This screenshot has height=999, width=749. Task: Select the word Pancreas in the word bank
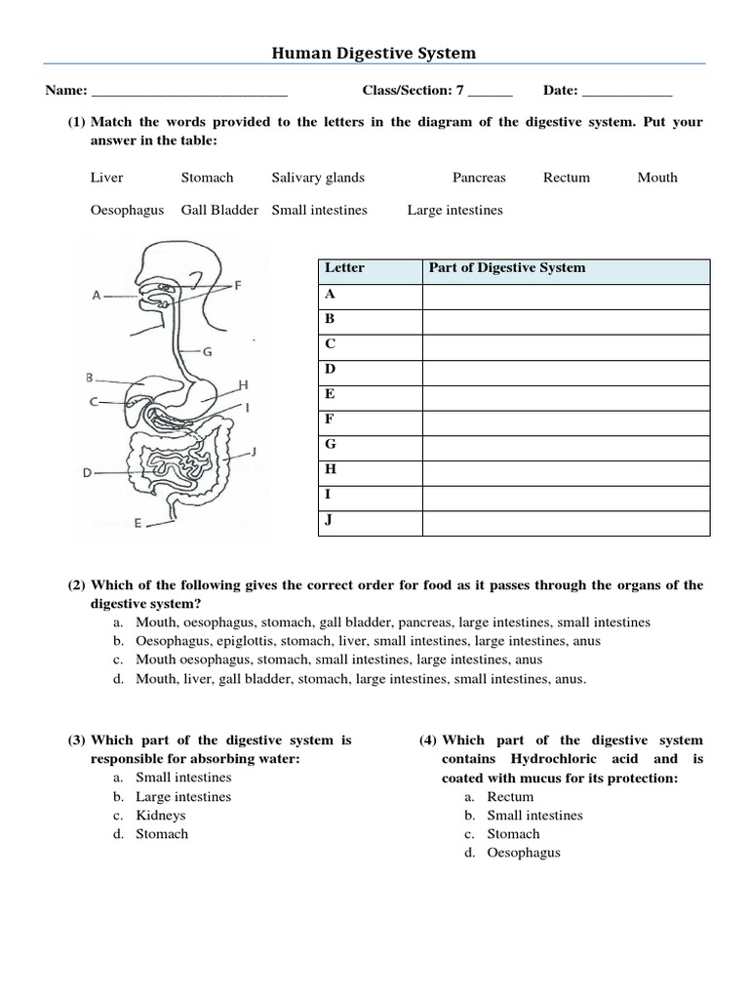coord(479,178)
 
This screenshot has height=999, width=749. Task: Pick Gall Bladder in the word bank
coord(219,210)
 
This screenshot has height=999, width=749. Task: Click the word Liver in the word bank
coord(106,178)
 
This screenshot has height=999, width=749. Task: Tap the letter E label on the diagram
coord(138,524)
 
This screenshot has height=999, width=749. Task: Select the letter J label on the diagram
coord(253,451)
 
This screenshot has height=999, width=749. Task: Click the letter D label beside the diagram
coord(87,473)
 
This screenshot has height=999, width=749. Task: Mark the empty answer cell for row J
coord(566,523)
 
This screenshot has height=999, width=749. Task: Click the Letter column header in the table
coord(344,268)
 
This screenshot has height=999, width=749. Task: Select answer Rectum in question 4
coord(510,797)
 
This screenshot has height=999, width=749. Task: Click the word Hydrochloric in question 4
coord(549,759)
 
